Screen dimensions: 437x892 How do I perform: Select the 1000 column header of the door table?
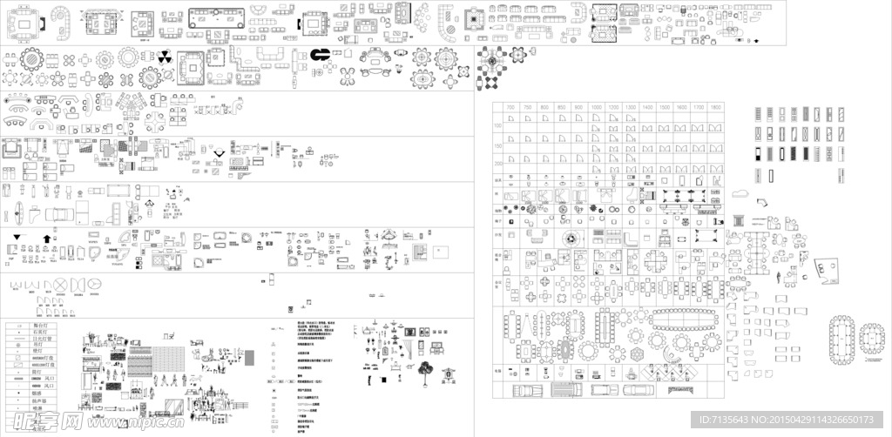[596, 106]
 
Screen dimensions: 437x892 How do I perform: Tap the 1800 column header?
[715, 106]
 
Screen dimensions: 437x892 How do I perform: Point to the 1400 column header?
[647, 106]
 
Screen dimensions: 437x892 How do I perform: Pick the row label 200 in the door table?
[499, 163]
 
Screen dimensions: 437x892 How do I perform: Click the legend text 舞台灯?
[39, 325]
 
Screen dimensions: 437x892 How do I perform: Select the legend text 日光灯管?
[39, 339]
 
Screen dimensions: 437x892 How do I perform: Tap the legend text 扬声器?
[39, 400]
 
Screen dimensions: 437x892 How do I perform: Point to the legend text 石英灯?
[39, 332]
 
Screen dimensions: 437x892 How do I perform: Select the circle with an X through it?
[61, 285]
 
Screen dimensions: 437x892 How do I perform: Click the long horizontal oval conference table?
[688, 313]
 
